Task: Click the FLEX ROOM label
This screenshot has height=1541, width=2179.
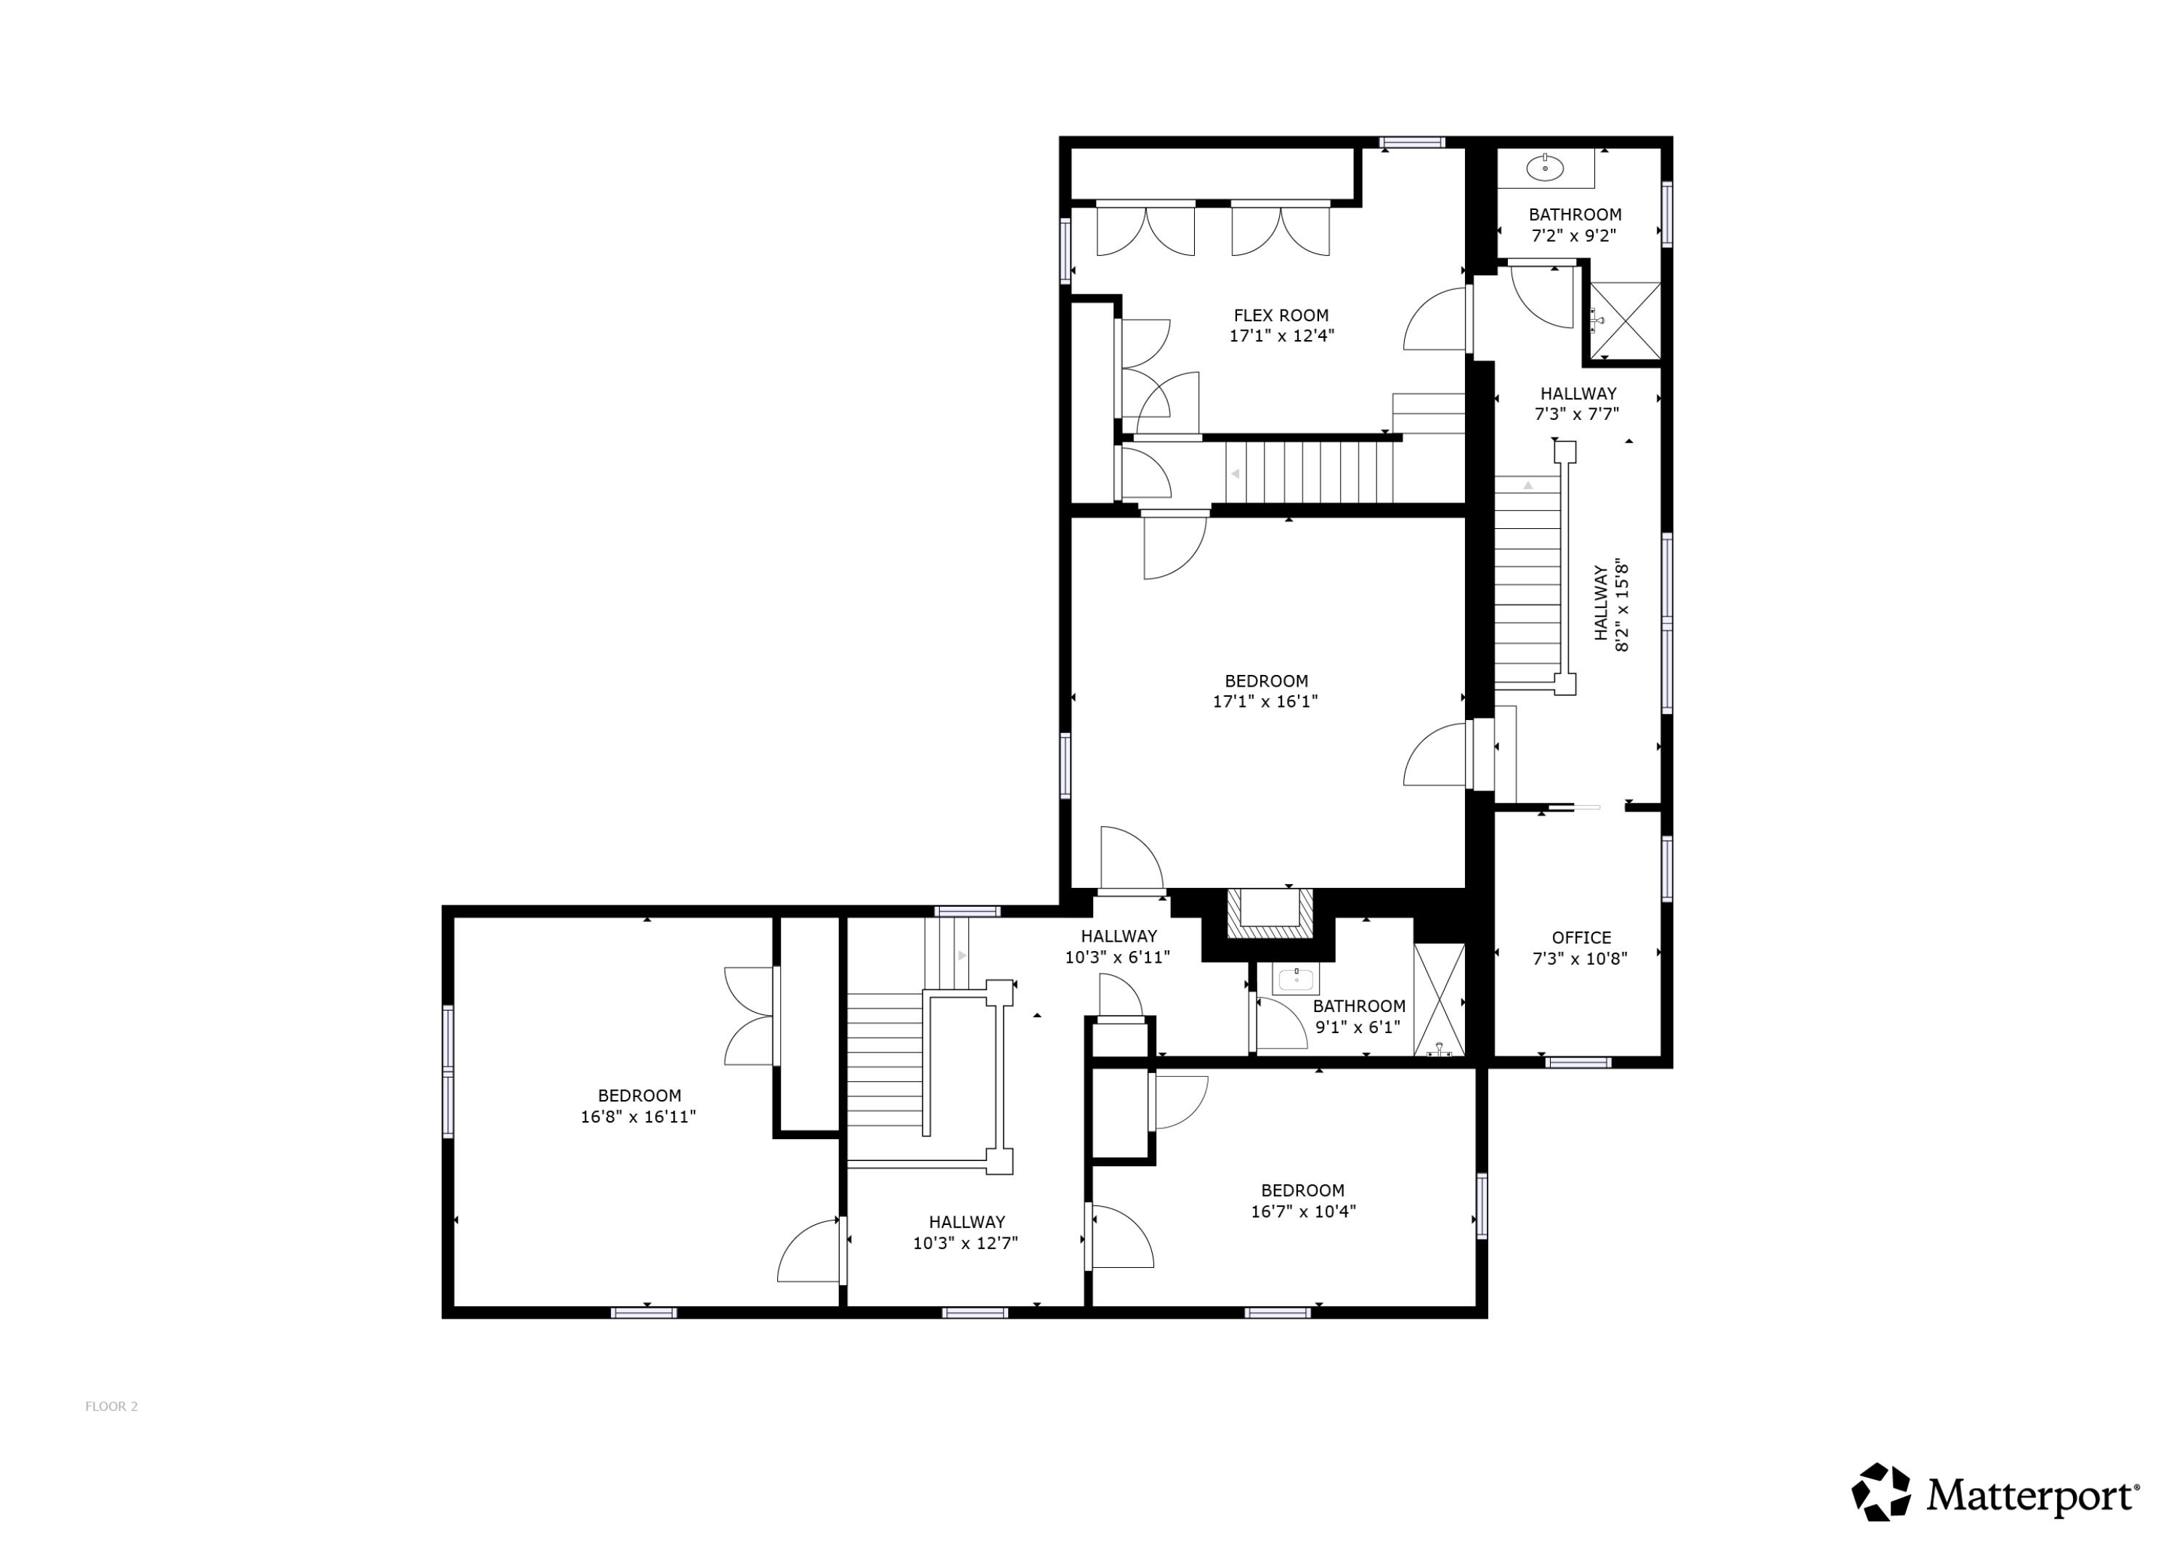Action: point(1281,315)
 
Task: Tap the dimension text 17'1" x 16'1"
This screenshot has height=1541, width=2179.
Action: point(1265,702)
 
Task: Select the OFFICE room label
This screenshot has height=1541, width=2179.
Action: point(1581,937)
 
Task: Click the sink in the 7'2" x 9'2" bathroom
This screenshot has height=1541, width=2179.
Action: point(1545,169)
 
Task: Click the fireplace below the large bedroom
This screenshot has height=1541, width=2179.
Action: point(1270,913)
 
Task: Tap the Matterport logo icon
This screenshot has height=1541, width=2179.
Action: point(1881,1491)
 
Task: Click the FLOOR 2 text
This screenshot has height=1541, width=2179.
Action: point(112,1406)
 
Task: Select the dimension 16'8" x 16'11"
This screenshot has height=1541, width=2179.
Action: point(638,1117)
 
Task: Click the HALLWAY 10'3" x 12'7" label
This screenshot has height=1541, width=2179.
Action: point(966,1232)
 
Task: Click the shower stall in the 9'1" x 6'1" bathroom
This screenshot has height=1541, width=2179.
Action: point(1439,999)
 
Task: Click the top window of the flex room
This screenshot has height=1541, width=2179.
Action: point(1412,143)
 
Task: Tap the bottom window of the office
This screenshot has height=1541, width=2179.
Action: point(1578,1061)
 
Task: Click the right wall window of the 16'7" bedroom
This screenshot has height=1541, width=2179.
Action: point(1482,1206)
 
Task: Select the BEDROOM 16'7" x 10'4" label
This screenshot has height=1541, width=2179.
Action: point(1302,1200)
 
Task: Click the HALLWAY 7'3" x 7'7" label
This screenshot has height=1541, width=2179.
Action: point(1578,403)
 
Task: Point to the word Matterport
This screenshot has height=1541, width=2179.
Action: point(2032,1495)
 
